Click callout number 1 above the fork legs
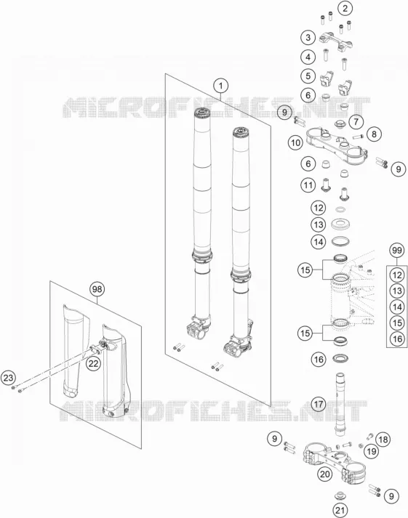(x=220, y=86)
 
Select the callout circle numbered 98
(x=97, y=289)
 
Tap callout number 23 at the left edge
(x=8, y=378)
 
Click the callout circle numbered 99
(x=397, y=251)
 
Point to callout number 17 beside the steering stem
(x=319, y=404)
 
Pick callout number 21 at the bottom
(x=340, y=510)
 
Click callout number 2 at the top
(x=345, y=8)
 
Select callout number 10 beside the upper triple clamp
(x=295, y=143)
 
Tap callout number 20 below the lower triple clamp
(x=325, y=474)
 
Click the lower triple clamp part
(x=334, y=458)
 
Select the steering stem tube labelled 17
(x=340, y=405)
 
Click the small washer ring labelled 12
(x=340, y=209)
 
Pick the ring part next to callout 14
(x=340, y=241)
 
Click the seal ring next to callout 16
(x=340, y=358)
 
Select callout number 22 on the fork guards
(x=93, y=363)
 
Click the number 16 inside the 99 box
(x=397, y=339)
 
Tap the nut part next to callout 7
(x=340, y=124)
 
